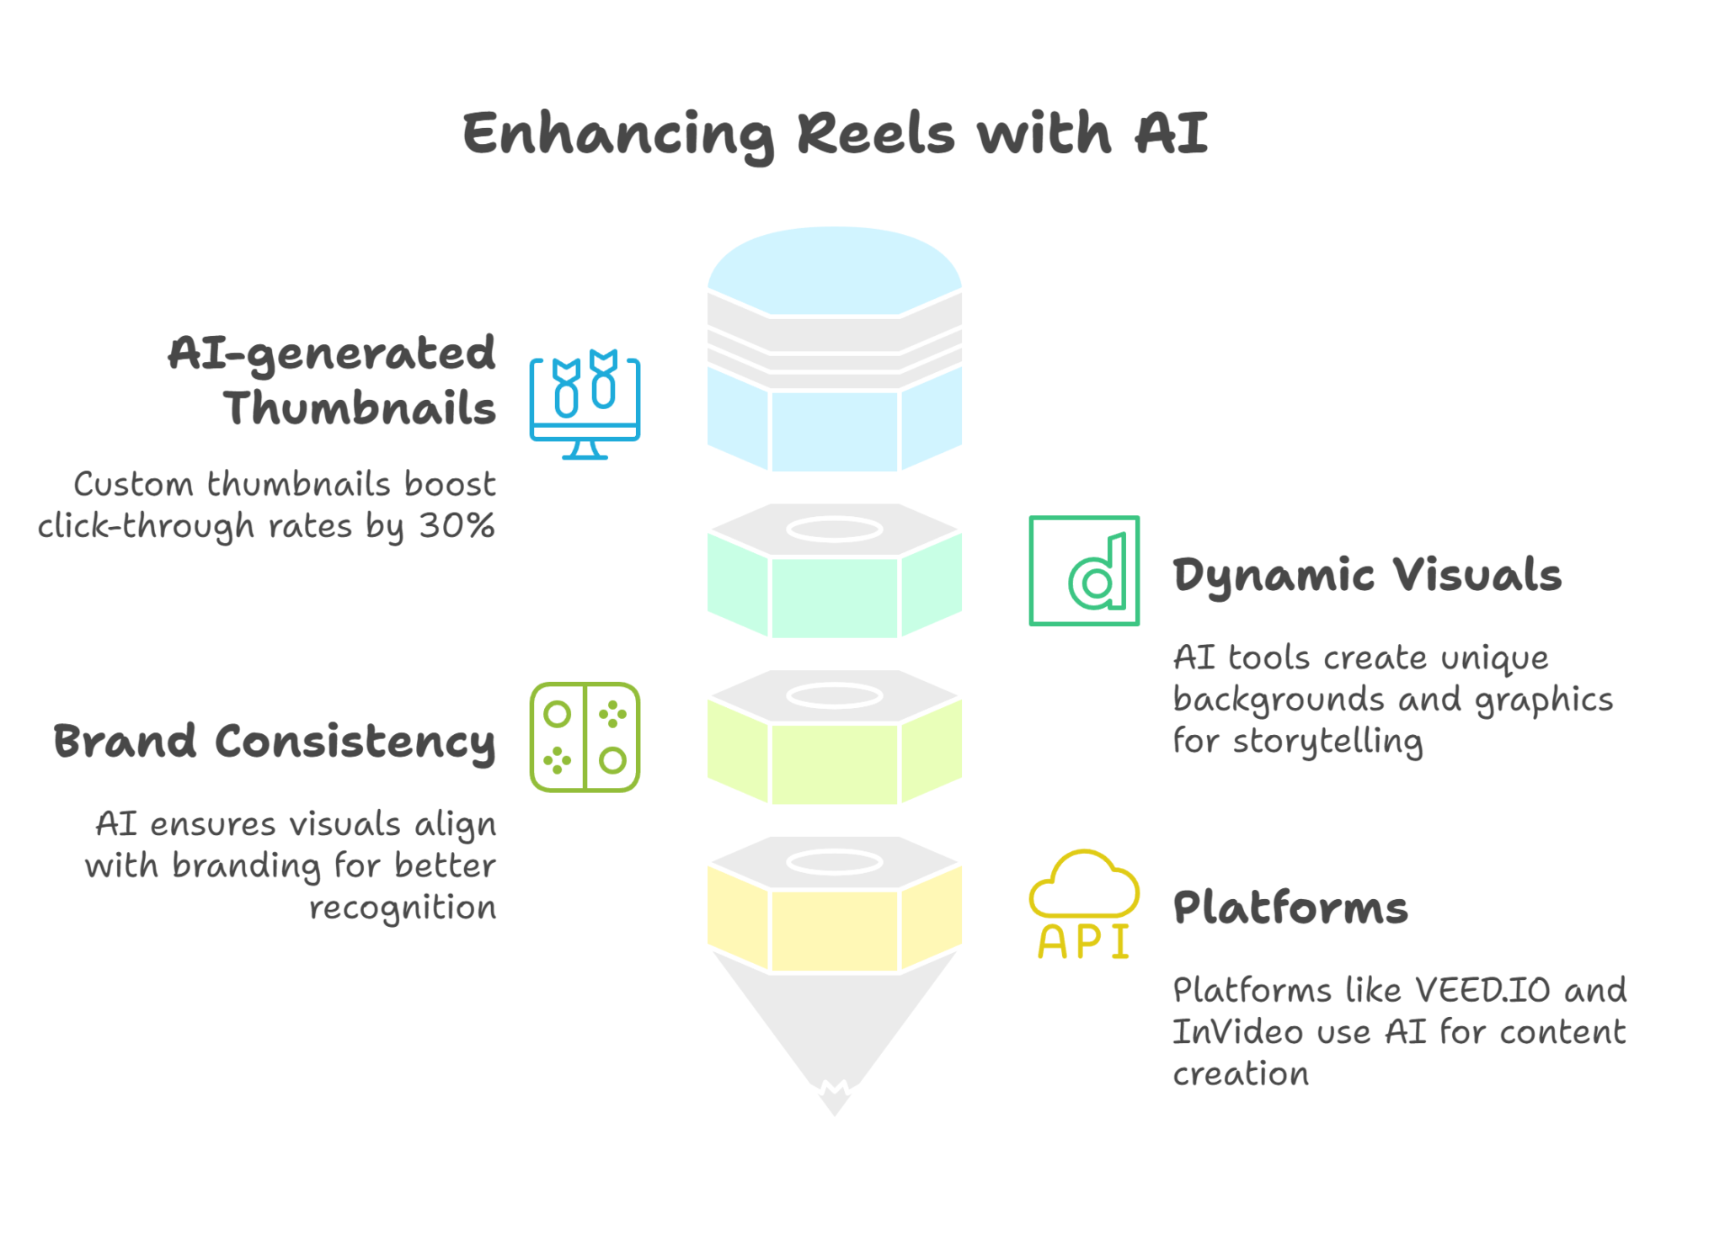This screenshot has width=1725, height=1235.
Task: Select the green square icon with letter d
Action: [x=1084, y=571]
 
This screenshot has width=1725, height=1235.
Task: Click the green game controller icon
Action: [x=585, y=737]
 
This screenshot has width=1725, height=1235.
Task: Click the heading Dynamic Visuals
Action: [x=1367, y=575]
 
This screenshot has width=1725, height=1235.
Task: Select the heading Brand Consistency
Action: [x=275, y=742]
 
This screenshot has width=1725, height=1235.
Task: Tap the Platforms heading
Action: [x=1290, y=908]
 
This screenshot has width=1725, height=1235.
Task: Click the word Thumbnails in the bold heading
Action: [x=360, y=408]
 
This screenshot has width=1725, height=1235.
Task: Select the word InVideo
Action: [x=1237, y=1032]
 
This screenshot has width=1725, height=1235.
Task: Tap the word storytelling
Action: [x=1328, y=741]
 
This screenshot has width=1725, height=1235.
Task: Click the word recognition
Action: [x=403, y=908]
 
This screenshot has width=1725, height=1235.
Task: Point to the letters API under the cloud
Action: [x=1084, y=941]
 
